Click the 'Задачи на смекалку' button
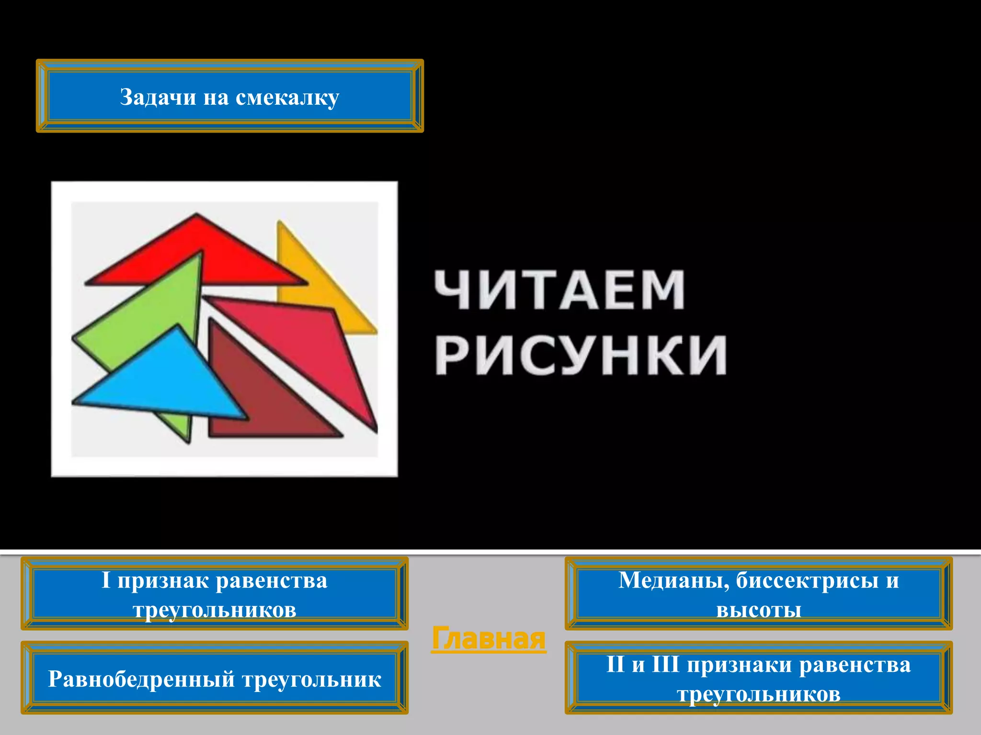[x=229, y=96]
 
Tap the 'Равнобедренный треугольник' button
[x=214, y=678]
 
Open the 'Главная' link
[x=488, y=638]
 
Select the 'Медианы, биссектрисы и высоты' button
[x=758, y=593]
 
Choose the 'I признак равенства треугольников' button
[x=214, y=593]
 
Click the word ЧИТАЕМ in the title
[x=559, y=290]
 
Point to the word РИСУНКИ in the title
[x=581, y=355]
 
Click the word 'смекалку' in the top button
[x=287, y=97]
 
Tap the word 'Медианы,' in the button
[x=673, y=580]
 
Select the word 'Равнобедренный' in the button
[x=141, y=679]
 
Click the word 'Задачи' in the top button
[x=158, y=97]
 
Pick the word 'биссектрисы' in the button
[x=807, y=580]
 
